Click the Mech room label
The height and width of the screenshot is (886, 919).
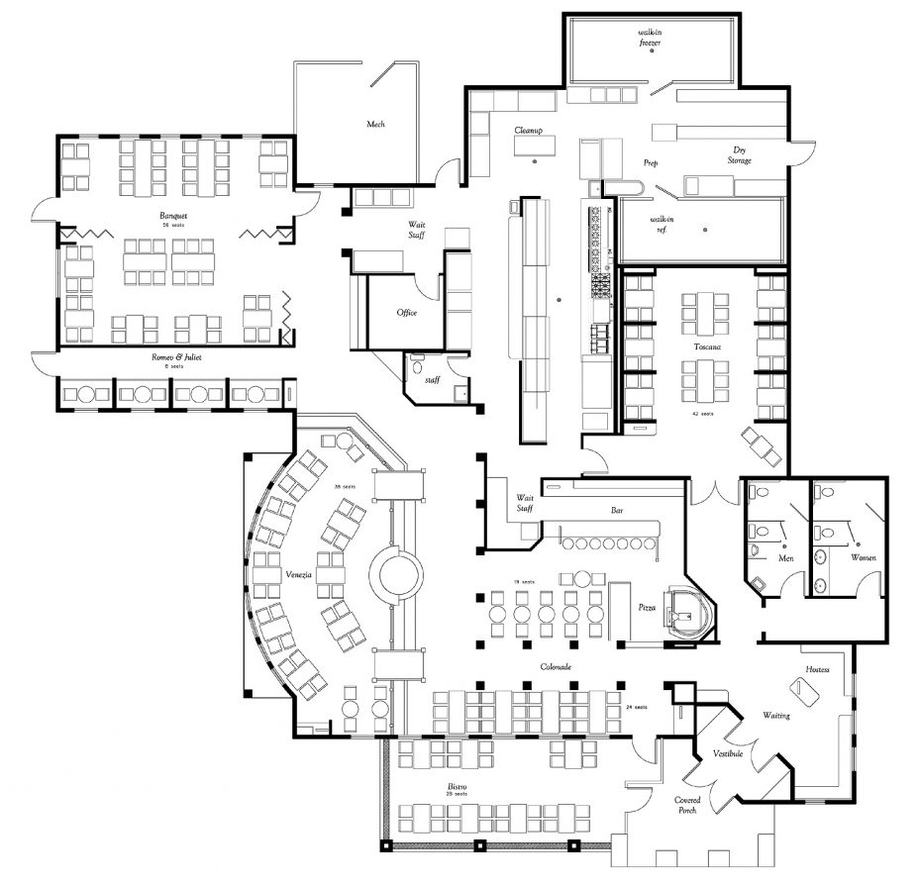[375, 124]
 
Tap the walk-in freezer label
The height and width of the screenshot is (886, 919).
[650, 38]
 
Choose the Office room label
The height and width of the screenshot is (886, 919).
[407, 313]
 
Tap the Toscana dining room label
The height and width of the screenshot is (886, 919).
[706, 347]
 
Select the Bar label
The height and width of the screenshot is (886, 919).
[617, 511]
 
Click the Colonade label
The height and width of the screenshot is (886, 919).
[556, 667]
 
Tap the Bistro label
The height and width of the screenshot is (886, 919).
[457, 787]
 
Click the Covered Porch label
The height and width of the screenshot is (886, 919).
[688, 805]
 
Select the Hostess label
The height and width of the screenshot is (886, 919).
[817, 669]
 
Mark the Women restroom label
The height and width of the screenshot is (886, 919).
[865, 557]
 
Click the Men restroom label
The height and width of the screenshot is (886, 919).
[786, 559]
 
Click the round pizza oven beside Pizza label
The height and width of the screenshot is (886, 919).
[688, 611]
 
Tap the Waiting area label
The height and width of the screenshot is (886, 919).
[776, 715]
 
